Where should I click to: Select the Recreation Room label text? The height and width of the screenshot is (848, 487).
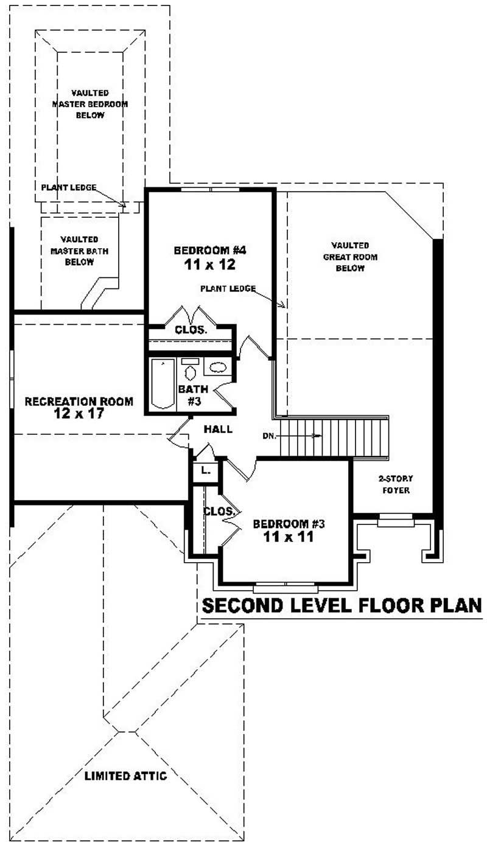79,401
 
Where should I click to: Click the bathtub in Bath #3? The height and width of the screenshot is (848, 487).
163,384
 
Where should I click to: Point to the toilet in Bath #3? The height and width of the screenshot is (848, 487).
190,372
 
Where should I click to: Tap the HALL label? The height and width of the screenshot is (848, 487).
218,429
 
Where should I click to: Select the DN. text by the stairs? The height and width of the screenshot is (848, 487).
270,436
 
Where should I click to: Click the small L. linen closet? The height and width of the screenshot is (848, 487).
206,470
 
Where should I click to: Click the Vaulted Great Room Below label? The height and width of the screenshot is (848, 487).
350,256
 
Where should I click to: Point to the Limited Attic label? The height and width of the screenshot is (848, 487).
125,776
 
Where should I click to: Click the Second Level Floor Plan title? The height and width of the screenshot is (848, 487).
342,606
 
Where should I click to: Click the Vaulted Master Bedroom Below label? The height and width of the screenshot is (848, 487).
90,104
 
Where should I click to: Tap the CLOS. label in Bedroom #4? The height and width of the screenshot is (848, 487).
191,330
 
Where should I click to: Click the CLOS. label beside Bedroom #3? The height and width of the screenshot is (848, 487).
219,512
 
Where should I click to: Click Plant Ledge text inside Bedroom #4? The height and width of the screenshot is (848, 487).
228,288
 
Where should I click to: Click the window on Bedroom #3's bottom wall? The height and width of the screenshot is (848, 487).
286,588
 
